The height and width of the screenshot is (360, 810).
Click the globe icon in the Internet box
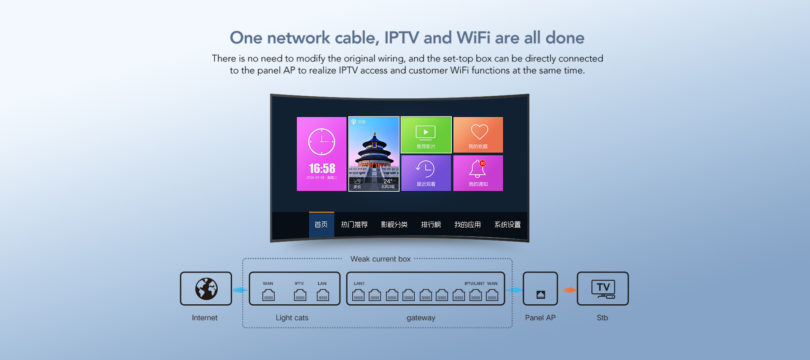(206, 289)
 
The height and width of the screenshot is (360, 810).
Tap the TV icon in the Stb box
(603, 289)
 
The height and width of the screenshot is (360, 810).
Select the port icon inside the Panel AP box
(540, 295)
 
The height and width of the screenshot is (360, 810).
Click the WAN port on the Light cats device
(268, 295)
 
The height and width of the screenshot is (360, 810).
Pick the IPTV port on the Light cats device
(300, 295)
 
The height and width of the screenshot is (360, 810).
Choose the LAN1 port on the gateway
(358, 295)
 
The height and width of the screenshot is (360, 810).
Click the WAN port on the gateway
(492, 295)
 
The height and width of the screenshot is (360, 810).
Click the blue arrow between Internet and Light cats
(240, 290)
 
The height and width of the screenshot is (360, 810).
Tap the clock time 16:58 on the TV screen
(322, 169)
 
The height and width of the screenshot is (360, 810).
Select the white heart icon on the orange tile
(479, 132)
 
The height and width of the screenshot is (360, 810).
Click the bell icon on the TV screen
(477, 169)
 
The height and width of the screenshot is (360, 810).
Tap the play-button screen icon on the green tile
(426, 133)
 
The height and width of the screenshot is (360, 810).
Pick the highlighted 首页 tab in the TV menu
(321, 225)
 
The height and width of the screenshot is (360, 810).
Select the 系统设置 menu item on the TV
(507, 225)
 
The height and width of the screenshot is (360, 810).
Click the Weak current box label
(380, 259)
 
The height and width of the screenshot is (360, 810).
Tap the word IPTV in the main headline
(401, 38)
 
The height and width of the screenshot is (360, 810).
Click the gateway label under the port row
(421, 318)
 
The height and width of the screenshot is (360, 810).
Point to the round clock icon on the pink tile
(321, 142)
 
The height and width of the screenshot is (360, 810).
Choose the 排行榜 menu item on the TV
(431, 225)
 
